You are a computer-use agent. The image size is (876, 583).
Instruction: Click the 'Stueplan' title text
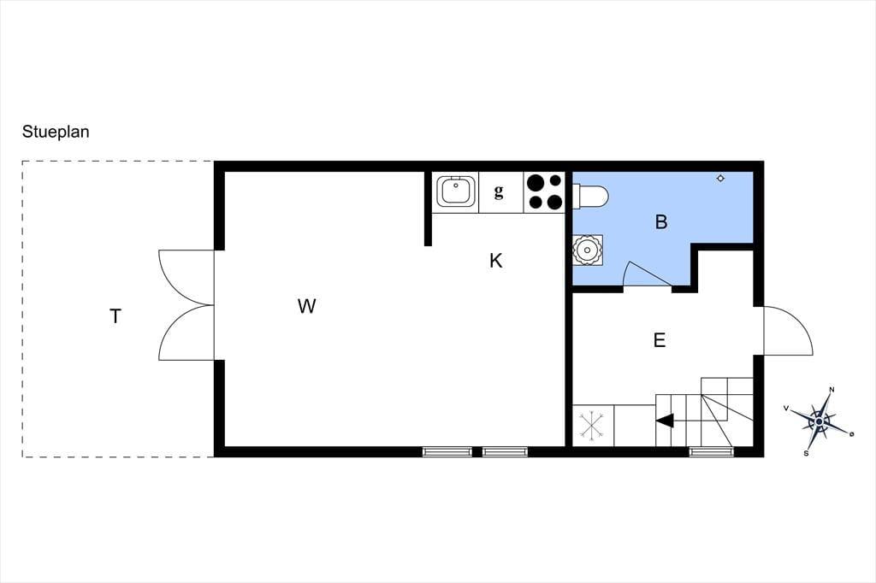(56, 132)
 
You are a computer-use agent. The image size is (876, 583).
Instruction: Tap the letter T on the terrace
(115, 316)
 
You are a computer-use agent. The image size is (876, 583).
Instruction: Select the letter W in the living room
(307, 306)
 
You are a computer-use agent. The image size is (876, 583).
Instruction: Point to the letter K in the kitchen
(495, 260)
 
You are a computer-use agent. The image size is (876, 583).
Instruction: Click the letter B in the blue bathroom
(661, 221)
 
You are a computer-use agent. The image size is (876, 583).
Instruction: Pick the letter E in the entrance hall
(660, 340)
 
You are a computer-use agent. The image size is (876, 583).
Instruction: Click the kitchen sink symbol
(456, 191)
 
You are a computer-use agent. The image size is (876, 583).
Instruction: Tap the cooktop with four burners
(544, 192)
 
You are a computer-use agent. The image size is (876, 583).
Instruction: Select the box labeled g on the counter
(500, 192)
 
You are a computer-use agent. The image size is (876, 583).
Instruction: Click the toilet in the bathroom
(590, 196)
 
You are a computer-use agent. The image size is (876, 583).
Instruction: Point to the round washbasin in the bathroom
(587, 250)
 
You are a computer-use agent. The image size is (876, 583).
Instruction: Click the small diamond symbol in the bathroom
(720, 179)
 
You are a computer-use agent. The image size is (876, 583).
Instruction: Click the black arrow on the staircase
(665, 421)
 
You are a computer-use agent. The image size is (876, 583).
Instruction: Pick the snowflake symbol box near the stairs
(593, 426)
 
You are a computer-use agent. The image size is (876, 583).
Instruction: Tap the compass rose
(819, 421)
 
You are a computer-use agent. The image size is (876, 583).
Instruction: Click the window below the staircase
(712, 451)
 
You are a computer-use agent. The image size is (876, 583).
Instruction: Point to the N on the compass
(832, 390)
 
